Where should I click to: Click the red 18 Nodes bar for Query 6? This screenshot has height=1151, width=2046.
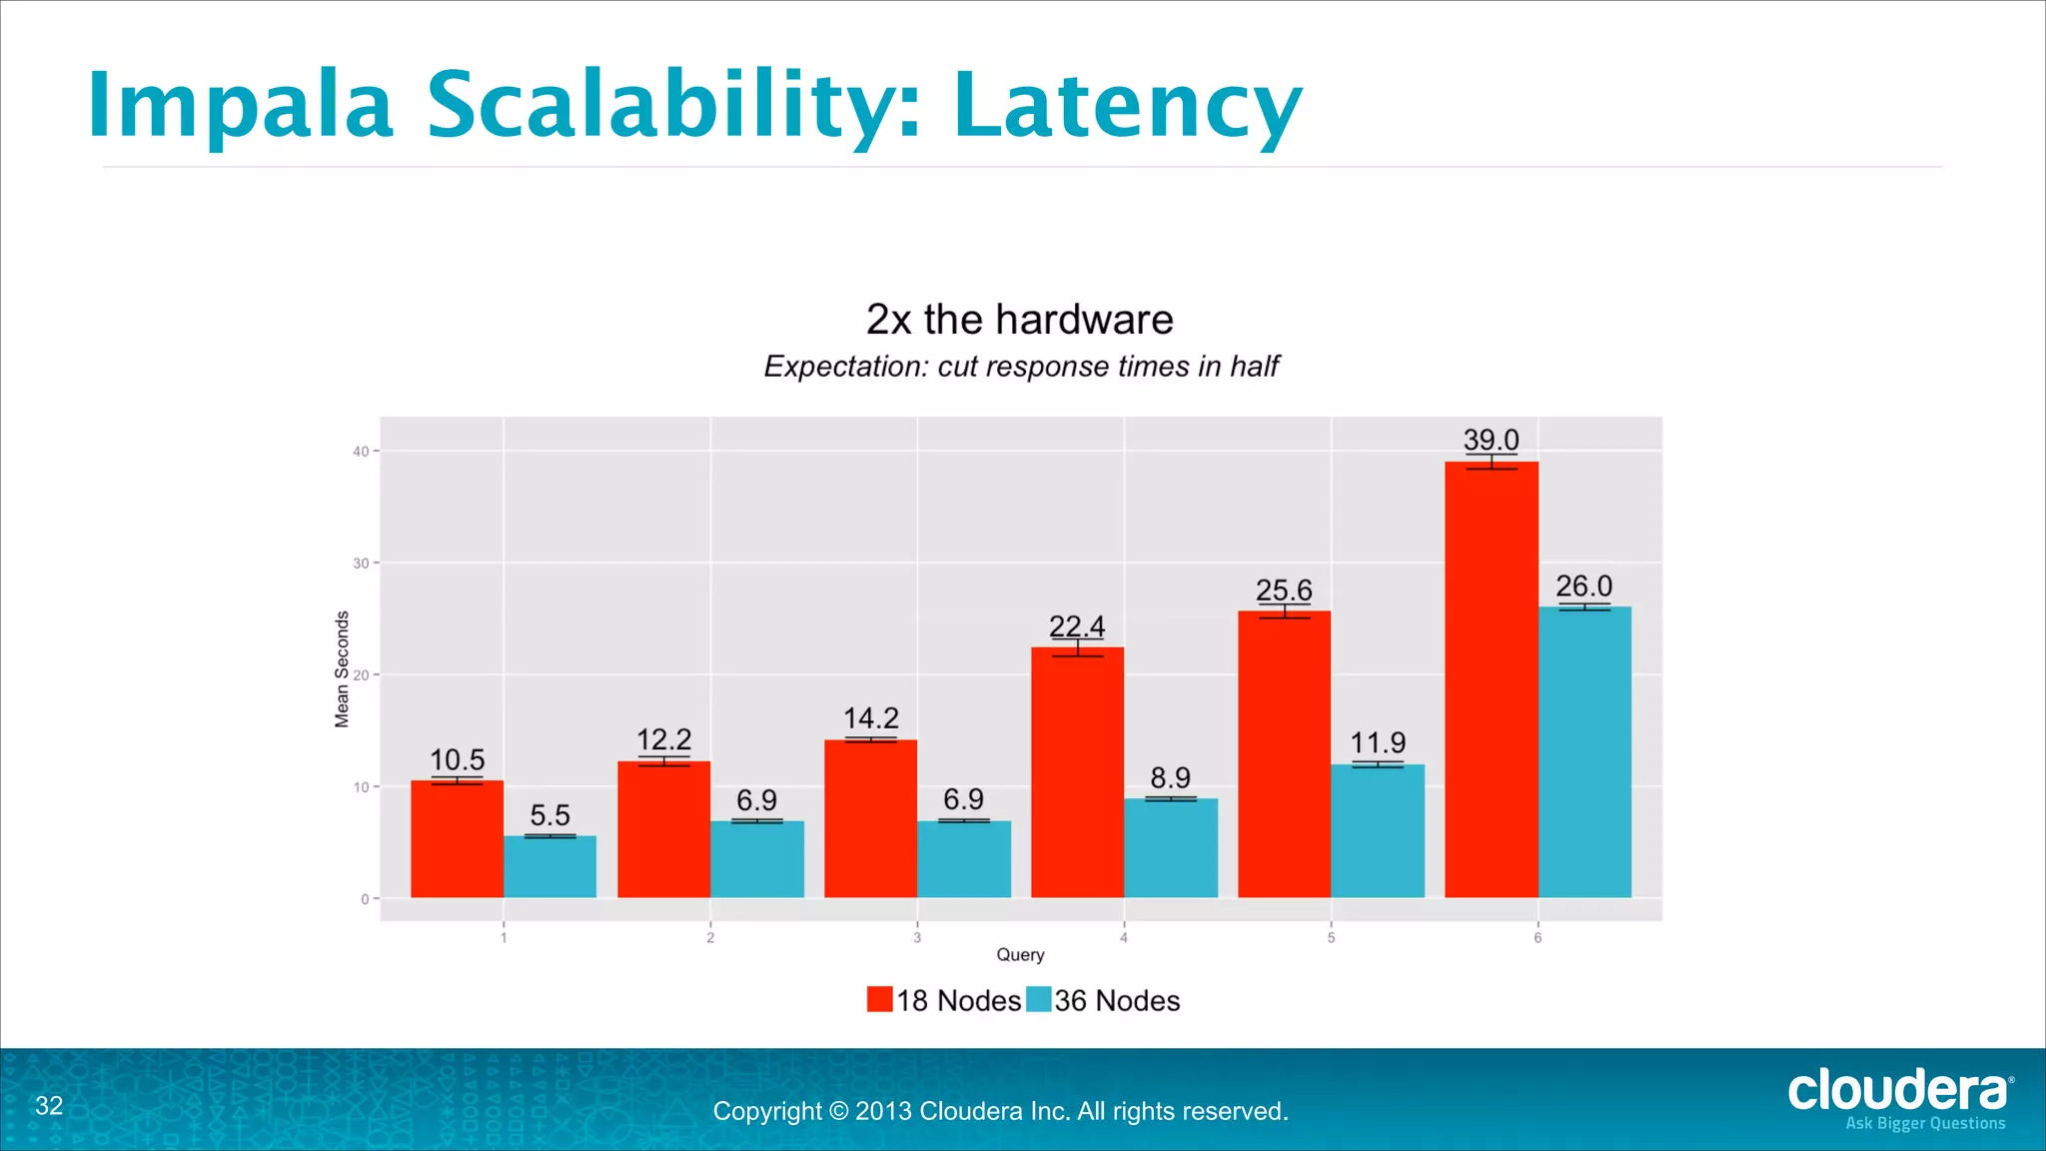point(1491,679)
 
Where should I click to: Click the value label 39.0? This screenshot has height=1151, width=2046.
point(1491,440)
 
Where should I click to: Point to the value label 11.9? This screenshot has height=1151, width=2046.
point(1378,742)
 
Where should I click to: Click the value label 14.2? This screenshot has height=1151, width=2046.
point(870,718)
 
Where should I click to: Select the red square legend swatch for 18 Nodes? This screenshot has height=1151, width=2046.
point(879,999)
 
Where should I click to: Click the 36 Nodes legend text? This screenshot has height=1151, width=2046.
point(1117,1000)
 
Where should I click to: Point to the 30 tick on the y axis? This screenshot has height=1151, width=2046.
point(361,564)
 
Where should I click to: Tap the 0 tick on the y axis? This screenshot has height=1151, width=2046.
point(365,899)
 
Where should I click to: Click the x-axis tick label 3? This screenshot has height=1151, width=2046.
point(917,937)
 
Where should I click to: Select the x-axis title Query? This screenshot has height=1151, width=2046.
point(1020,954)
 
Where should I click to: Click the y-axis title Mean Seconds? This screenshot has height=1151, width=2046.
point(342,668)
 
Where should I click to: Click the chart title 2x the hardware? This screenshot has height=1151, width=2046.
point(1019,320)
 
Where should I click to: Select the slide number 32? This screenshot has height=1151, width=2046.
point(49,1105)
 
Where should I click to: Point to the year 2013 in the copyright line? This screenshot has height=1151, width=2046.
point(883,1111)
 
